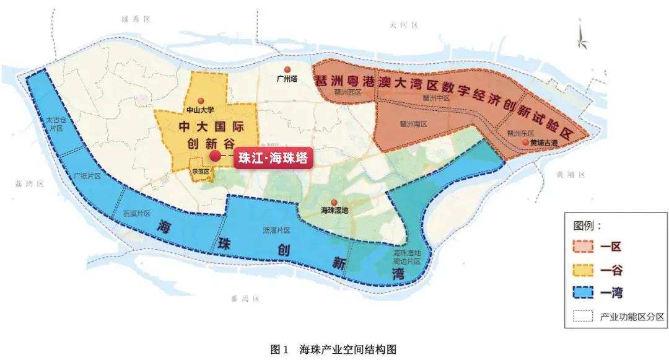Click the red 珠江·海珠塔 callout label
pyautogui.click(x=273, y=157)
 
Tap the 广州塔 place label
pyautogui.click(x=286, y=79)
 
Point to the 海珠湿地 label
pyautogui.click(x=334, y=211)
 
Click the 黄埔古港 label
pyautogui.click(x=544, y=143)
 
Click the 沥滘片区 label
pyautogui.click(x=276, y=230)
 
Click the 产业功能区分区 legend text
pyautogui.click(x=632, y=317)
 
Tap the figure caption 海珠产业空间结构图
pyautogui.click(x=348, y=349)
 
